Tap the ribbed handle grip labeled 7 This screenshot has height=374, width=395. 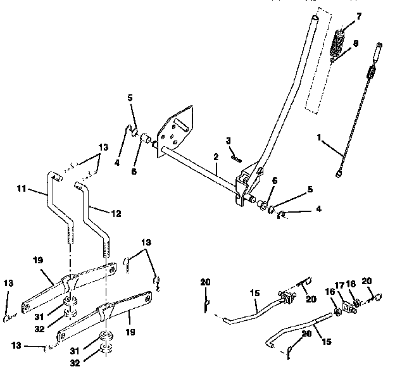[339, 44]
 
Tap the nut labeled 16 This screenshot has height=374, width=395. [335, 310]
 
